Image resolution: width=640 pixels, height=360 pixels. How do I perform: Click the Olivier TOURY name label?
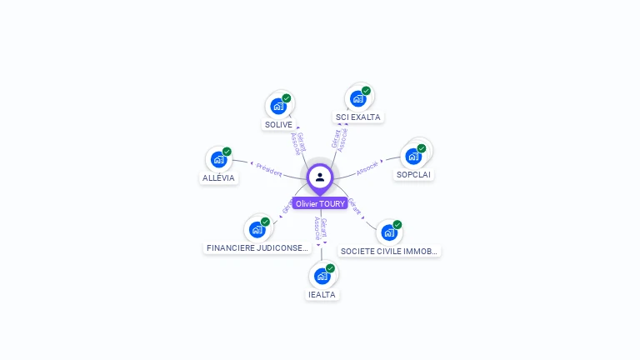[320, 203]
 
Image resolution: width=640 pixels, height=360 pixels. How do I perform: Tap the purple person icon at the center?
[320, 177]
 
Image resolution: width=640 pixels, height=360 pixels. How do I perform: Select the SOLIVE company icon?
[278, 107]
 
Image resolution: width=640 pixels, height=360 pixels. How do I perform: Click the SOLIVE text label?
[278, 125]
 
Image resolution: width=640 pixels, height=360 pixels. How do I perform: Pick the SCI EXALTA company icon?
[358, 98]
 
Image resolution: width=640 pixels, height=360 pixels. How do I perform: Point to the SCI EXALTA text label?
[358, 117]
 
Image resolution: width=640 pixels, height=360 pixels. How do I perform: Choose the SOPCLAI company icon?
[413, 156]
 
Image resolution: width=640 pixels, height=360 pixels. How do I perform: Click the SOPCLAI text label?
[414, 175]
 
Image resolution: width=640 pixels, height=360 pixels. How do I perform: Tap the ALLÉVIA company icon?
[219, 159]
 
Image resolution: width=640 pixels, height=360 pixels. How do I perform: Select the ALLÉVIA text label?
[219, 178]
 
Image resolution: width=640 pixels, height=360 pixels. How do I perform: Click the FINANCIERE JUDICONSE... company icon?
[257, 229]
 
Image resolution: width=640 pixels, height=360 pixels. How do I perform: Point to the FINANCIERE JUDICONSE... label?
[257, 248]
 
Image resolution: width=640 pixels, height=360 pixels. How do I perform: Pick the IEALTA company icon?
[322, 276]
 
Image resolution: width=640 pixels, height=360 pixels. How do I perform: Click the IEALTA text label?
[322, 294]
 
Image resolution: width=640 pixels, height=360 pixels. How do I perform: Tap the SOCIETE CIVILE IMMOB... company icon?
[389, 232]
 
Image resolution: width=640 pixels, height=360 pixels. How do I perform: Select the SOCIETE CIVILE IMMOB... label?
[389, 251]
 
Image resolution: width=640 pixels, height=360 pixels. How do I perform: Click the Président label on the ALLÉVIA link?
[269, 169]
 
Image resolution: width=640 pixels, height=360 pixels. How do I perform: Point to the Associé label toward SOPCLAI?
[367, 167]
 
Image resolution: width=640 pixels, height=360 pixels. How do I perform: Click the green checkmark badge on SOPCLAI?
[422, 148]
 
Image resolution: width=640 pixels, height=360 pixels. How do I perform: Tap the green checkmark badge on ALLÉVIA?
[227, 152]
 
